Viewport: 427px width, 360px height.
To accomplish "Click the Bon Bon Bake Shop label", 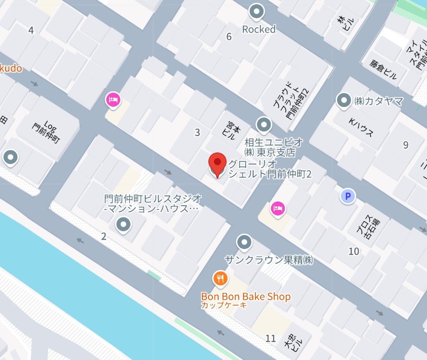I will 246,297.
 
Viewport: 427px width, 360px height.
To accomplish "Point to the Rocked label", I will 259,29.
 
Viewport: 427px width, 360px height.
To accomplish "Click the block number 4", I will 31,31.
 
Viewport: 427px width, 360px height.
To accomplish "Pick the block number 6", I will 229,37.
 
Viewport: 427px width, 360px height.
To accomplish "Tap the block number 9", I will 406,145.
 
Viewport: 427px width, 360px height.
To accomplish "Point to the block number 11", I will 270,339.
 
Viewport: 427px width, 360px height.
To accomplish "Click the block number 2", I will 103,236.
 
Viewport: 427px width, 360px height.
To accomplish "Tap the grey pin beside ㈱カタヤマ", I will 344,100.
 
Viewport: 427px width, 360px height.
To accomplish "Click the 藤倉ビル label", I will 384,69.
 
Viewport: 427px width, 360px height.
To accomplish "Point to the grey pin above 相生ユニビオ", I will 264,125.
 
